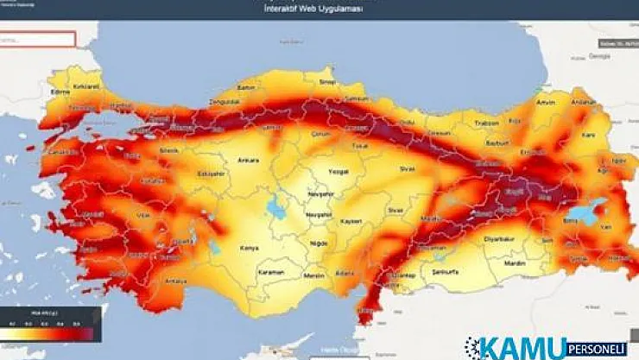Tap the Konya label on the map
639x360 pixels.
click(250, 248)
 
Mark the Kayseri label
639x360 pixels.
click(350, 222)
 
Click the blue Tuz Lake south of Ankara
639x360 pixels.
click(277, 208)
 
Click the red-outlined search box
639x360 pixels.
click(38, 40)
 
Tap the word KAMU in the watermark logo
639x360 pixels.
click(517, 348)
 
